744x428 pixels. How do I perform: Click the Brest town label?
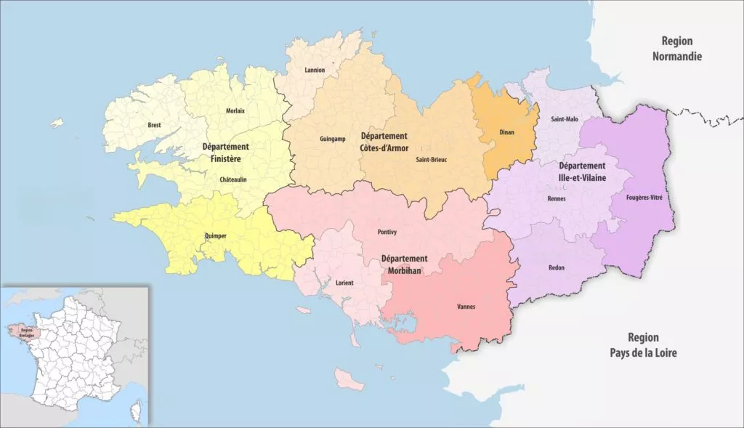[x=154, y=125]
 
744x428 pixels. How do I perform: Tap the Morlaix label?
[x=235, y=110]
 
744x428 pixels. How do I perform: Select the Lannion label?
[x=315, y=70]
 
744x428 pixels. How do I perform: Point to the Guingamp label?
[x=333, y=139]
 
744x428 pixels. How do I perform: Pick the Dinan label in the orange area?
[x=507, y=132]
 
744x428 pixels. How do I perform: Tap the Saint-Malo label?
[x=565, y=118]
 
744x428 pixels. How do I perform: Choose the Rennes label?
[x=557, y=198]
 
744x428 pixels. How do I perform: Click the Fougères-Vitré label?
[x=643, y=197]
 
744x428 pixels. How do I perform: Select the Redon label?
[x=557, y=267]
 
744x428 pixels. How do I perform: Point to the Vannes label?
[x=466, y=307]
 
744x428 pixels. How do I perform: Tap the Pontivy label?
[x=387, y=232]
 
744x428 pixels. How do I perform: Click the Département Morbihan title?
[x=405, y=265]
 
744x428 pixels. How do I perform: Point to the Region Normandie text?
[x=676, y=49]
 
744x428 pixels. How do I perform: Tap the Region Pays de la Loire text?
[x=642, y=345]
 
